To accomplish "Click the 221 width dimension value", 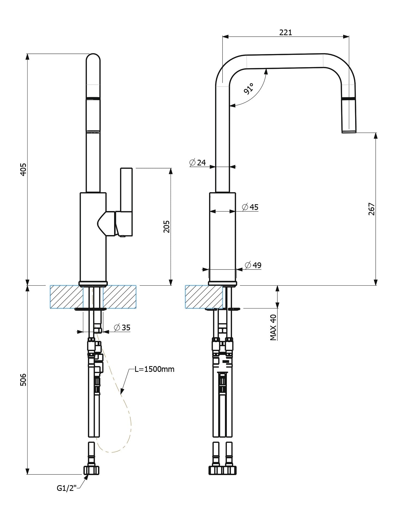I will [286, 32].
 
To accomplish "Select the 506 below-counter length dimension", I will [24, 379].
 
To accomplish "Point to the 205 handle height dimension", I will [166, 226].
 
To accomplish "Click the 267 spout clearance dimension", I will [372, 209].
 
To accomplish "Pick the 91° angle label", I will [249, 88].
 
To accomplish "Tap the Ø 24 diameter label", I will [197, 163].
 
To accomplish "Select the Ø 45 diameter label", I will [250, 207].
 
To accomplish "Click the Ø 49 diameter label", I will [253, 265].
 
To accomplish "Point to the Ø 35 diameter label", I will [122, 327].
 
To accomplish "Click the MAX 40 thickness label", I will [273, 327].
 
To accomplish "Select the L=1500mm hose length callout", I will [155, 369].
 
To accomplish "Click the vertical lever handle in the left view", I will [126, 191].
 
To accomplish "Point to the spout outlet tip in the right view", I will [349, 131].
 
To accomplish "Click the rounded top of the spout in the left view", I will [93, 59].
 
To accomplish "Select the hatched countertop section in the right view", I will [204, 297].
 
